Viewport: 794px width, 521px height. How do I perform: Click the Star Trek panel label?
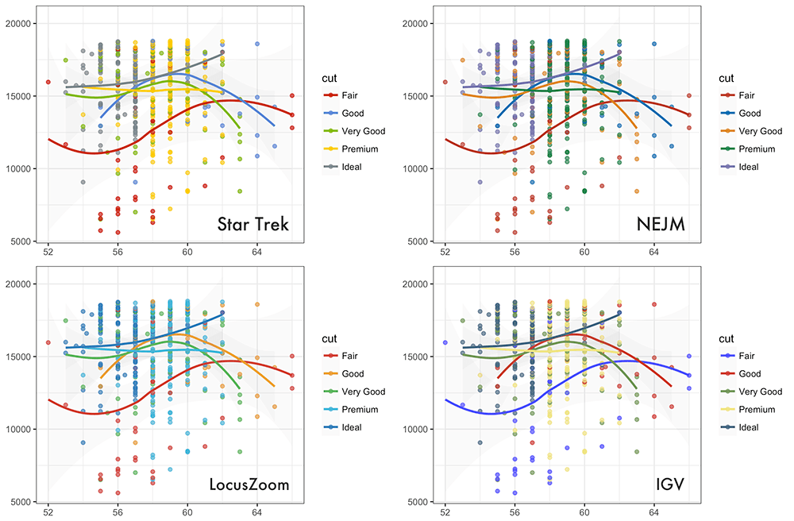[x=252, y=226]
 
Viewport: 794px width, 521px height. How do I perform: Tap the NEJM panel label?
[x=661, y=226]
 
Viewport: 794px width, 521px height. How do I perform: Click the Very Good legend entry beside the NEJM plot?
[x=760, y=132]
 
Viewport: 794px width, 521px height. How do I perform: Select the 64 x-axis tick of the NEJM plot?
[x=654, y=251]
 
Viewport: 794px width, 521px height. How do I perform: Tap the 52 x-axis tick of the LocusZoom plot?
[x=48, y=512]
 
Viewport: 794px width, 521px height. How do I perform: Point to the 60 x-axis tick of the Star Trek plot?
[x=187, y=251]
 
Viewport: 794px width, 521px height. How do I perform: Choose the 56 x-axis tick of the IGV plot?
[x=515, y=512]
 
